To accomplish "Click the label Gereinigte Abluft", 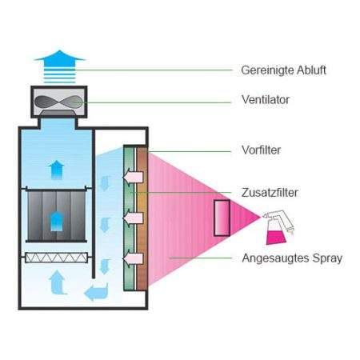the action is tap(283, 70).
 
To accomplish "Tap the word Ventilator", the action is tap(266, 100).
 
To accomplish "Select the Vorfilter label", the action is tap(261, 150).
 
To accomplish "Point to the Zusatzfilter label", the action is tap(270, 193).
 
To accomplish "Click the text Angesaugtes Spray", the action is tap(292, 258).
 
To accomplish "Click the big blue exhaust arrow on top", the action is tap(59, 66).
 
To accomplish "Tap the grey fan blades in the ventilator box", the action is tap(58, 102).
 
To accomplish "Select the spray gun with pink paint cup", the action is tap(278, 227).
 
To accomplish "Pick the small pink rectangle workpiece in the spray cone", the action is tap(222, 218).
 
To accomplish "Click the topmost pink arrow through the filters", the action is tap(133, 177).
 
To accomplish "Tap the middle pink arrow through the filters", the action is tap(133, 218).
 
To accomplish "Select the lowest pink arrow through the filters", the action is tap(133, 258).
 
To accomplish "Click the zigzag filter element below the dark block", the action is tap(57, 258).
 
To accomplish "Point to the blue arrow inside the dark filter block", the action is tap(57, 221).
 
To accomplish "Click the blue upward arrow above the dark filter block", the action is tap(56, 170).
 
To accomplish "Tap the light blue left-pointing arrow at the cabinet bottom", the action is tap(96, 292).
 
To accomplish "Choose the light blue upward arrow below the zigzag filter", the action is tap(58, 282).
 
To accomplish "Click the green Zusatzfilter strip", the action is tap(130, 218).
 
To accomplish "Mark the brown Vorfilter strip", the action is tap(142, 218).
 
